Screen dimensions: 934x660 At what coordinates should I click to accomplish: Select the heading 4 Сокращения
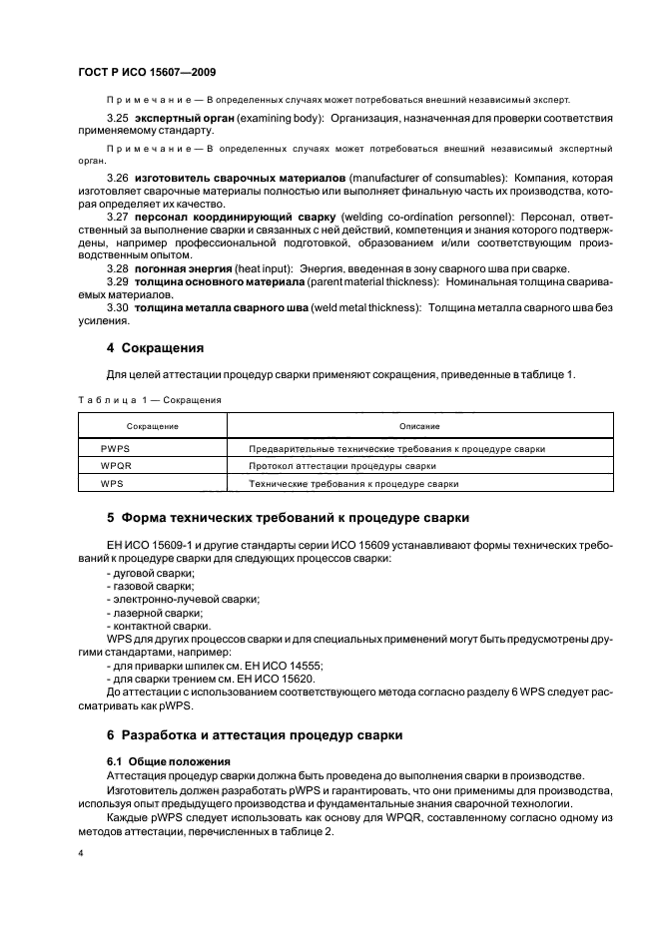click(155, 348)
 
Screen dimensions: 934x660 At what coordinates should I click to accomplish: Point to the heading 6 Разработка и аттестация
click(255, 734)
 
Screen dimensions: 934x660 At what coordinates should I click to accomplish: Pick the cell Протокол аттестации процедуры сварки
click(342, 466)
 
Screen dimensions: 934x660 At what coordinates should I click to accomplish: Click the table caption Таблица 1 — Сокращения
click(149, 399)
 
